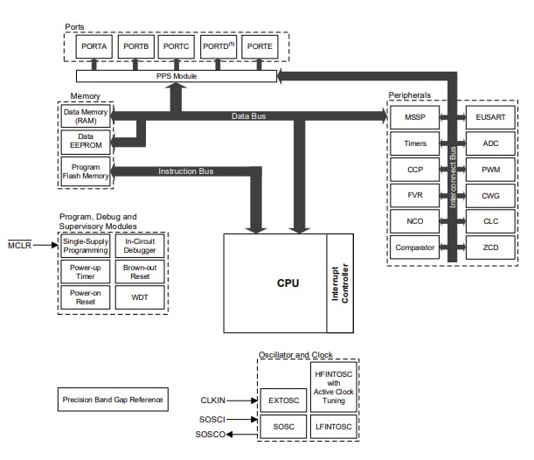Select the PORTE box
(x=259, y=45)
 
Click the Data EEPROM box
(x=85, y=140)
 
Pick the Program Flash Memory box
(x=85, y=171)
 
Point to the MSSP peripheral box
(x=416, y=115)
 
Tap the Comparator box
(x=416, y=247)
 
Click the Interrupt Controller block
(x=339, y=283)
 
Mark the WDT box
(x=140, y=297)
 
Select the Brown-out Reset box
(x=140, y=271)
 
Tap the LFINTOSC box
(x=333, y=427)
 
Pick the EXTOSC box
(x=283, y=400)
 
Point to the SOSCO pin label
(x=210, y=435)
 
